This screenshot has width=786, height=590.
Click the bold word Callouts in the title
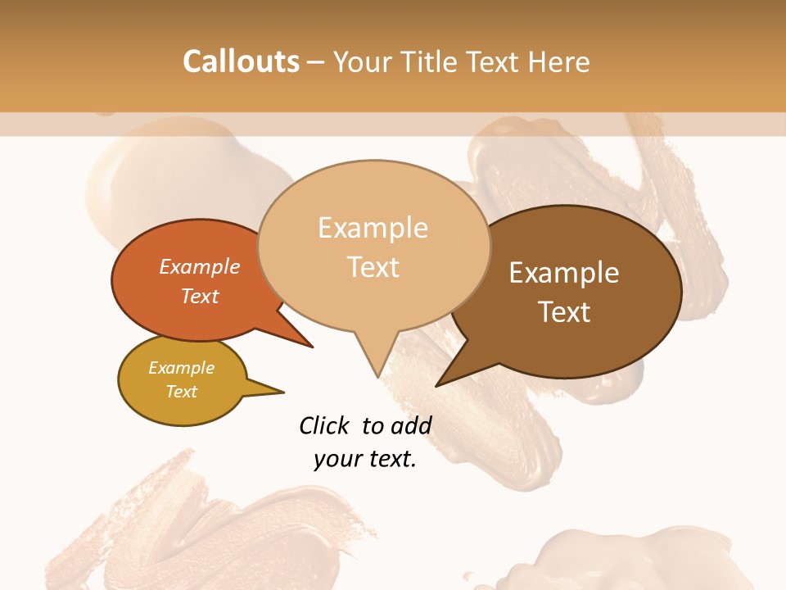tap(241, 61)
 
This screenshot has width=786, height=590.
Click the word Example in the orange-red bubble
tap(200, 266)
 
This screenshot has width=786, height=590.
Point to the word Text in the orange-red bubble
tap(200, 296)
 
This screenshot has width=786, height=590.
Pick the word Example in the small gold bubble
tap(182, 368)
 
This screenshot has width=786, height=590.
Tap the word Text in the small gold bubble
tap(182, 392)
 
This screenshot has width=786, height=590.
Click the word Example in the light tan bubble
tap(373, 228)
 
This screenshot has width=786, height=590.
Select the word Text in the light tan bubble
tap(373, 267)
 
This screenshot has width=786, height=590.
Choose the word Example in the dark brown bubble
tap(564, 273)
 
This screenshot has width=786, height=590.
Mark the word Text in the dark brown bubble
tap(564, 312)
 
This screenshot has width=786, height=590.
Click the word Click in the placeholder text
tap(326, 425)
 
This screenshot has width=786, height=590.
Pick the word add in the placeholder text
tap(412, 425)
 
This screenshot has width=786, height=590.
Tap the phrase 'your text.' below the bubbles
tap(365, 459)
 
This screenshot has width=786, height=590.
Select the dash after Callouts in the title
tap(316, 62)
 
